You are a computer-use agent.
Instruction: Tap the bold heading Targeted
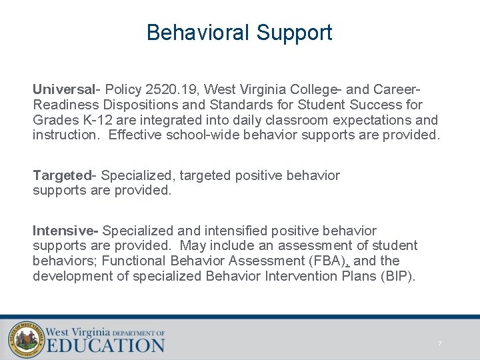(63, 175)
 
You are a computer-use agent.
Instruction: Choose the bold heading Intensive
(64, 231)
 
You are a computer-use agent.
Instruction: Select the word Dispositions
(134, 105)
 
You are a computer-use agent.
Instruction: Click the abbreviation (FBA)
(325, 261)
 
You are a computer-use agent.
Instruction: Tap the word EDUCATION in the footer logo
(105, 345)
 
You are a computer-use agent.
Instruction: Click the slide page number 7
(439, 344)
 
